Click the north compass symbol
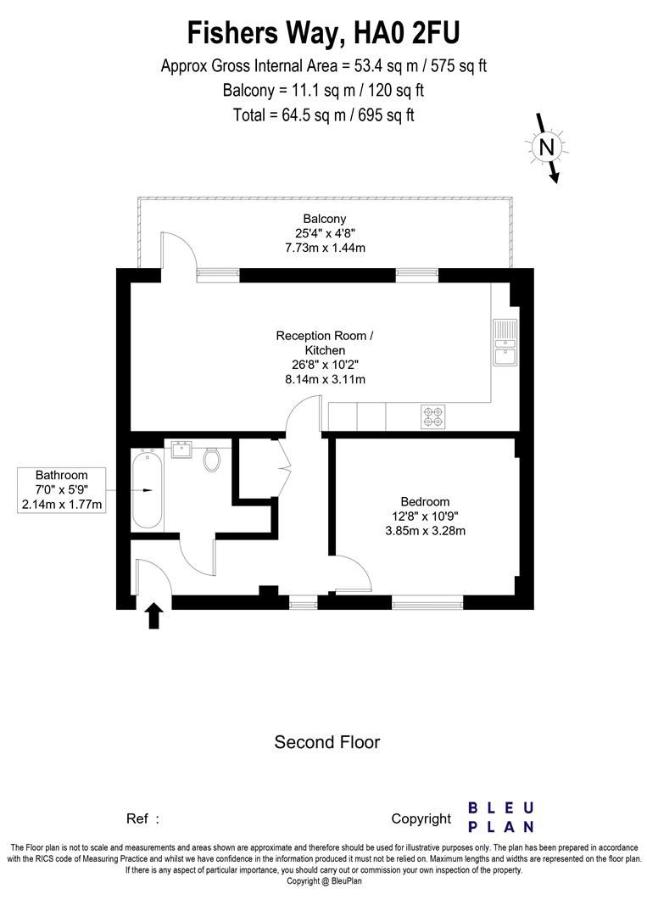547,148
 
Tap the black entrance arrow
153,615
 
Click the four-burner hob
432,416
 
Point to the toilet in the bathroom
212,459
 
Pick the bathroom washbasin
181,449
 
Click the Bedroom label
426,501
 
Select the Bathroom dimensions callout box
61,489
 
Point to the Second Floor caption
326,742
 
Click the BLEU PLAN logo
501,817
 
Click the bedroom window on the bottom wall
427,603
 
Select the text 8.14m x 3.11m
324,379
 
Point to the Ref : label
142,818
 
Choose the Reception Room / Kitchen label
324,343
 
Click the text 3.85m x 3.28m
426,531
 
